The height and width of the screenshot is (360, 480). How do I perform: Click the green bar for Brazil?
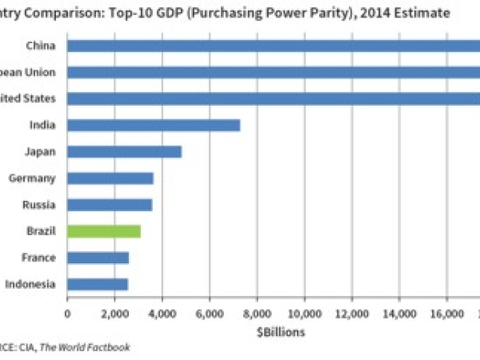[x=104, y=231]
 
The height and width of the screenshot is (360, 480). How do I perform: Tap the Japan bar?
[x=124, y=151]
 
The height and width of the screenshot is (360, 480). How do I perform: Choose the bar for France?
[x=98, y=258]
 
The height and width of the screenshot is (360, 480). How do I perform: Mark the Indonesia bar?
[x=98, y=284]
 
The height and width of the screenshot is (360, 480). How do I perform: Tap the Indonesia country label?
[x=30, y=284]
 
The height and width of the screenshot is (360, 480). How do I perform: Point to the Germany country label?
[x=33, y=178]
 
